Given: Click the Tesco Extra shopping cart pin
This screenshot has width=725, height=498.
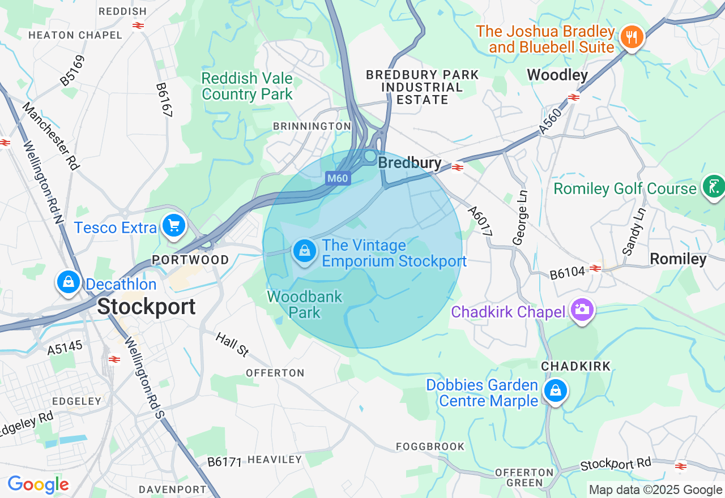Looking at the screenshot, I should [x=173, y=226].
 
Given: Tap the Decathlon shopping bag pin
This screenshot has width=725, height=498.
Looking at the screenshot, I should [x=68, y=281].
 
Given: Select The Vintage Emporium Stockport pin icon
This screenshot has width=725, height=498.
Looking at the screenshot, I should [x=305, y=251].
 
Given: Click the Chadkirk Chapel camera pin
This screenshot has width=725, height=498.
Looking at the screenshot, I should [x=582, y=310].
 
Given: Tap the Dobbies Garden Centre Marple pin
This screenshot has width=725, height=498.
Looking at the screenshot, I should [x=556, y=390].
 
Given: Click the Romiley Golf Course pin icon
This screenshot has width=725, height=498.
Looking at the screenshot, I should [x=713, y=186].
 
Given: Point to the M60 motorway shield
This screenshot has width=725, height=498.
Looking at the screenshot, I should [x=338, y=179].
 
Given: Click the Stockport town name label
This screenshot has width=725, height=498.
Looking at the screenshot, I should [x=146, y=307].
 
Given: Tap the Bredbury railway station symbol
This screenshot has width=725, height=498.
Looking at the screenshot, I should [x=458, y=167].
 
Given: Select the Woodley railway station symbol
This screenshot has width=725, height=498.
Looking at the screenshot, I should [x=574, y=97].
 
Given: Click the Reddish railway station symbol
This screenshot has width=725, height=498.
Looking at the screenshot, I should [x=138, y=25].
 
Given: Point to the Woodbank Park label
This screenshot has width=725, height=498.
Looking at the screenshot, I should [x=305, y=304].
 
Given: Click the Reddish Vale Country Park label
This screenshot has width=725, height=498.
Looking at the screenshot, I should [x=247, y=86].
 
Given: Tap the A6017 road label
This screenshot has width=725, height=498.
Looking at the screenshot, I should [x=480, y=221].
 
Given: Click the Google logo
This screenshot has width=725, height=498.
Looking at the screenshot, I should [x=38, y=485].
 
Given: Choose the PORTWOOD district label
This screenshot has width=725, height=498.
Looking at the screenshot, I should [x=190, y=260].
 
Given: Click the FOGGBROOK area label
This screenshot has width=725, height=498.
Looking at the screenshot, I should [x=430, y=447].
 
